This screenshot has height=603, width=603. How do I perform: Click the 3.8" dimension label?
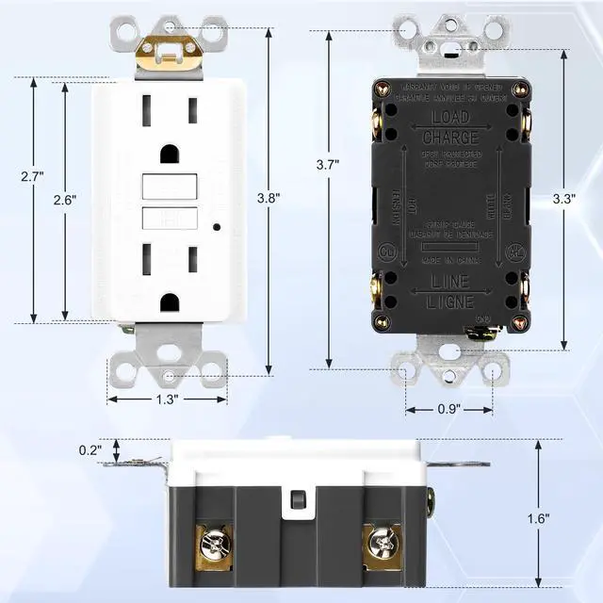click(269, 198)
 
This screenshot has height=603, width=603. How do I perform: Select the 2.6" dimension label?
click(66, 199)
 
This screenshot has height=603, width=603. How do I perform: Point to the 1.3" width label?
click(168, 399)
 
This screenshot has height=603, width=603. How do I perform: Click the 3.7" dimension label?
click(328, 165)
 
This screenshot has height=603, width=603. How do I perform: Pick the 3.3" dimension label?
click(563, 199)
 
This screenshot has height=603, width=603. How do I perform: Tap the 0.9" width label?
click(448, 409)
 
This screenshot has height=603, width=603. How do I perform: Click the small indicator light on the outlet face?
click(217, 226)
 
